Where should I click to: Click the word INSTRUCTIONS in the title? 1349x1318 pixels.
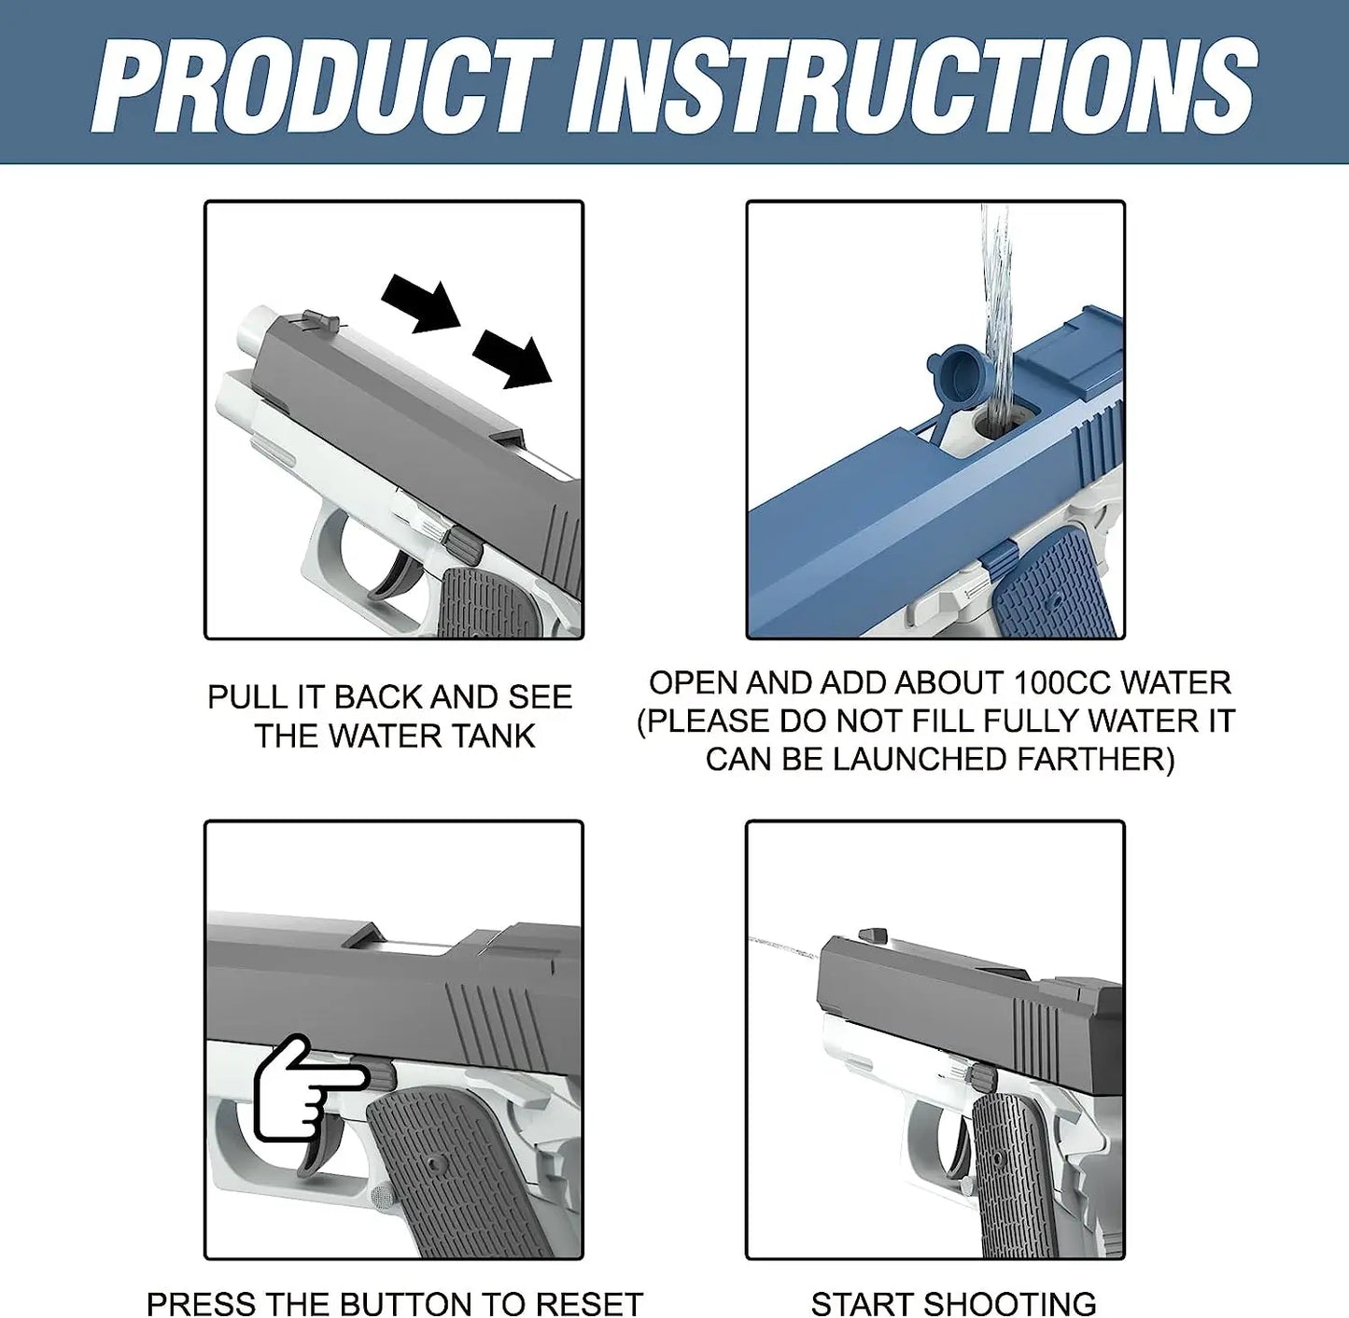coord(913,86)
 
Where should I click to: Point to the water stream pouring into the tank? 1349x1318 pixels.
coord(996,308)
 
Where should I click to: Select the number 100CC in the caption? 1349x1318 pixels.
coord(1063,683)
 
